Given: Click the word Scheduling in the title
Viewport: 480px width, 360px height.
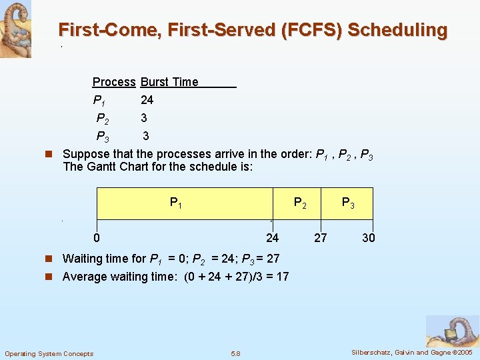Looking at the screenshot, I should click(x=397, y=30).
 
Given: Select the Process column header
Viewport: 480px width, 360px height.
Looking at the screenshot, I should click(x=114, y=82).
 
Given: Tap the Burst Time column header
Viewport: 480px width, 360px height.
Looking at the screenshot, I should click(x=169, y=82).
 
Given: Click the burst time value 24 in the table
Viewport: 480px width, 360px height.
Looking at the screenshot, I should click(x=147, y=100).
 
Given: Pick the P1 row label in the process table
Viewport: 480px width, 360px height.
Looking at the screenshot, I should click(x=99, y=101).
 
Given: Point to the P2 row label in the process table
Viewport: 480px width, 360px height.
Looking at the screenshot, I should click(x=103, y=119).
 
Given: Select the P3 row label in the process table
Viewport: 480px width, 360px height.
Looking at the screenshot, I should click(x=103, y=137).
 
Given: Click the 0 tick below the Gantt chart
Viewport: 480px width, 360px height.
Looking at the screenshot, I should click(x=97, y=238).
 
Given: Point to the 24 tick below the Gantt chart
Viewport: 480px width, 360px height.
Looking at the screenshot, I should click(x=273, y=238).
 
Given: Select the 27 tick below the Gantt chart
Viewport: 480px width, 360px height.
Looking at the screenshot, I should click(x=321, y=238).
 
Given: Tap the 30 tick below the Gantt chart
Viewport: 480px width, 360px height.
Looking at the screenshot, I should click(x=369, y=238).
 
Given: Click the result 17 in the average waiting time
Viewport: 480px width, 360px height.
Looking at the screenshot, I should click(x=282, y=277).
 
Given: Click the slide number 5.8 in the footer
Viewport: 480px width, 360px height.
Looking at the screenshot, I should click(x=235, y=353).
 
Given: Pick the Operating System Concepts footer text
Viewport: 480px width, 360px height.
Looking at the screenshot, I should click(x=49, y=353).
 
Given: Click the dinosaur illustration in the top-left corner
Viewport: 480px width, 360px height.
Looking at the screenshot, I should click(x=15, y=29).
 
